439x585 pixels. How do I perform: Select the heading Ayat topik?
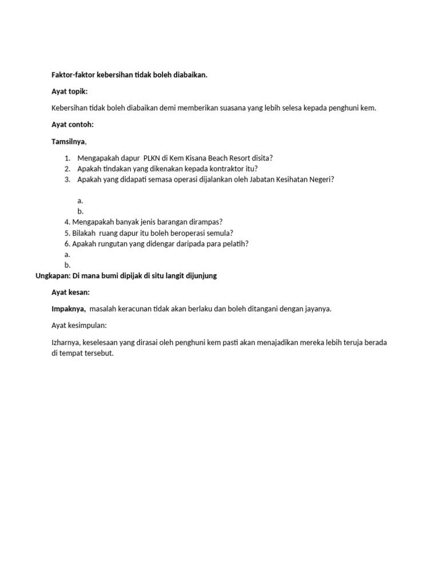tap(70, 91)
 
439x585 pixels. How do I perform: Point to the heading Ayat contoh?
tap(73, 125)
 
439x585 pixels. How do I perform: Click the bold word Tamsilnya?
tap(69, 141)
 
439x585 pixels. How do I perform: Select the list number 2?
tap(67, 169)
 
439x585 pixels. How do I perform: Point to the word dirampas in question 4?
tap(204, 222)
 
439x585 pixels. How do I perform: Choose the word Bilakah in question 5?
tap(84, 233)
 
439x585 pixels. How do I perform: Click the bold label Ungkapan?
tap(53, 276)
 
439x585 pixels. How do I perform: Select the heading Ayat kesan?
tap(71, 292)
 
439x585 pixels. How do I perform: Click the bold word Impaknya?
tap(69, 309)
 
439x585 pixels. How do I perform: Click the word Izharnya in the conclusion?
tap(66, 342)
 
